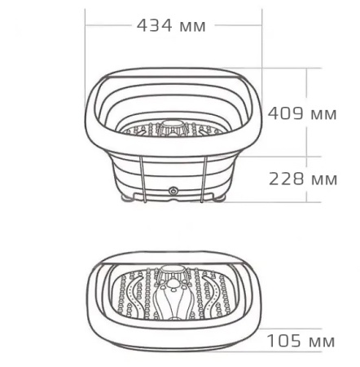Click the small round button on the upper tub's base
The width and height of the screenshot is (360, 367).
pos(173,191)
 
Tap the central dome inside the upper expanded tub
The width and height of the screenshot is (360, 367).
pos(172,126)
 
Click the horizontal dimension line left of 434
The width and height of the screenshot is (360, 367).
pos(109,24)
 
